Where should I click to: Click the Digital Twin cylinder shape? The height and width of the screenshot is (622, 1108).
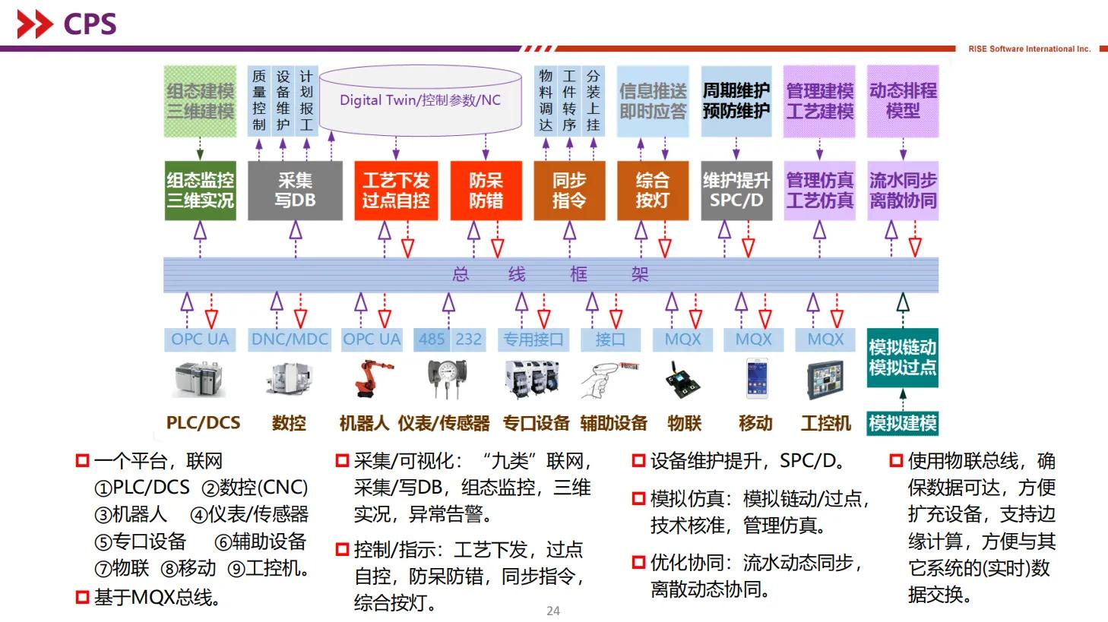tap(419, 99)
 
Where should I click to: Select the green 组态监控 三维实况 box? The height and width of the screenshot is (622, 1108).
tap(200, 190)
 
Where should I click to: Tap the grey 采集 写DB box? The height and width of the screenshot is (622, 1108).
tap(295, 190)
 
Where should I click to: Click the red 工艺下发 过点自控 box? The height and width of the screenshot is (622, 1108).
tap(395, 190)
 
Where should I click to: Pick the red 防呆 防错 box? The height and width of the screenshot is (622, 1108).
tap(486, 190)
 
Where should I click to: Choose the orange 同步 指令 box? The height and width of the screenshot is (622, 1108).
tap(568, 190)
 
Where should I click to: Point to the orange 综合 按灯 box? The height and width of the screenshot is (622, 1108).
tap(652, 190)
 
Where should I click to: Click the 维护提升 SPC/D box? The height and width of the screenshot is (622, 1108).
tap(736, 190)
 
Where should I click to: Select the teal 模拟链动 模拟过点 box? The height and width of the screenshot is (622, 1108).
tap(902, 357)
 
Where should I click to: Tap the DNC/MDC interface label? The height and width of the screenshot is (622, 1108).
tap(290, 339)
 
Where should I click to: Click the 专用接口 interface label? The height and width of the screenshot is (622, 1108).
tap(533, 339)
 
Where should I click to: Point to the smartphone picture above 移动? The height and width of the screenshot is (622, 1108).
tap(755, 377)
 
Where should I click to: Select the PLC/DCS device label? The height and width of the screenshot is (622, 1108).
tap(203, 423)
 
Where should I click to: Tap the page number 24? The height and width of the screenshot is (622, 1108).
tap(553, 611)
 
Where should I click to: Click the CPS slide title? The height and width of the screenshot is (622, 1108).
tap(90, 24)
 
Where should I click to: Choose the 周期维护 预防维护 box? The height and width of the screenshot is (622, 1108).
tap(736, 101)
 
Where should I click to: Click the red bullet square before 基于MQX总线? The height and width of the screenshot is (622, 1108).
tap(82, 598)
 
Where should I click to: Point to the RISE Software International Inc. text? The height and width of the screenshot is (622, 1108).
tap(1029, 49)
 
